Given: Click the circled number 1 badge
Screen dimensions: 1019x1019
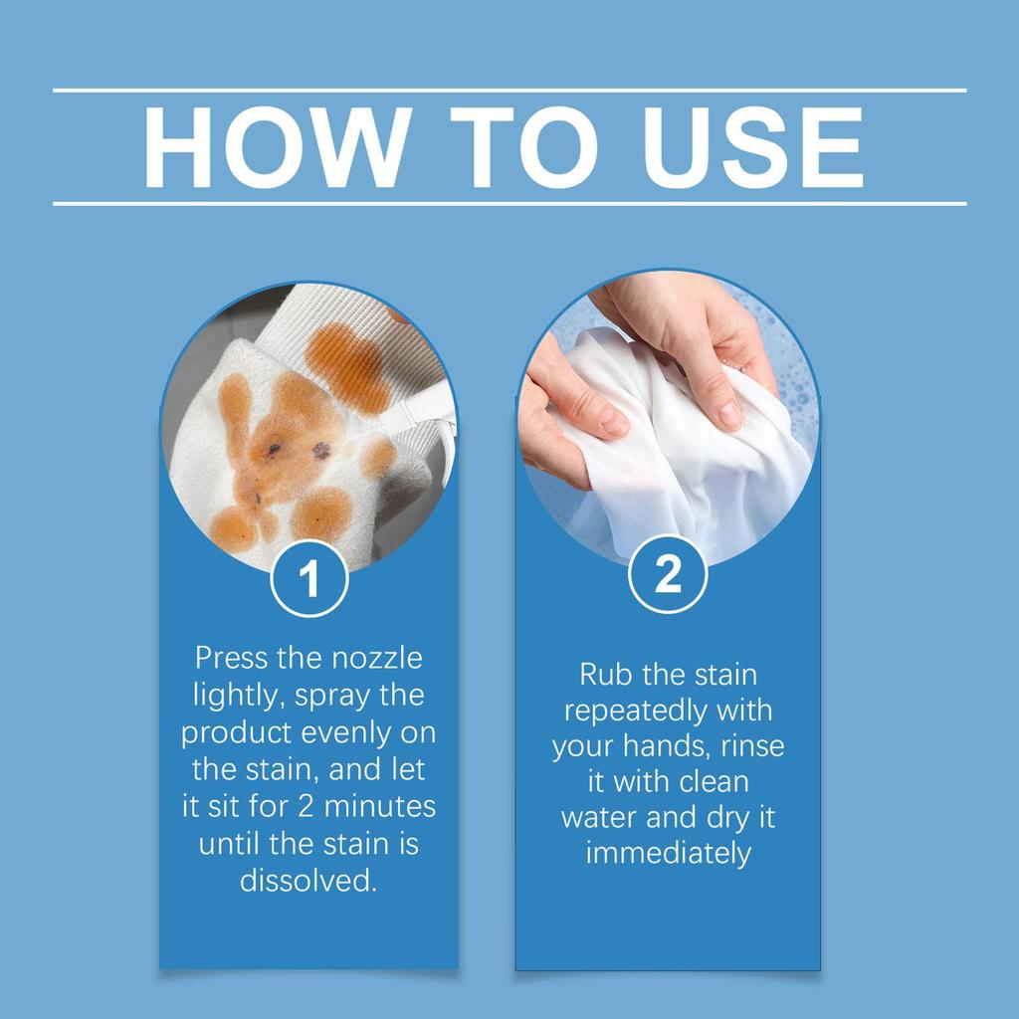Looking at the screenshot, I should coord(308,578).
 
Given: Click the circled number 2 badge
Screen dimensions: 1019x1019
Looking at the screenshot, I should coord(668,574).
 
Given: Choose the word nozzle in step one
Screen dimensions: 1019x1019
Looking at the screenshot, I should coord(370,659).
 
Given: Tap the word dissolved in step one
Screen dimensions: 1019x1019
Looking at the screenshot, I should coord(308,882).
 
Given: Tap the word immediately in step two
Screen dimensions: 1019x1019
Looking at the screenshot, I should coord(668,854).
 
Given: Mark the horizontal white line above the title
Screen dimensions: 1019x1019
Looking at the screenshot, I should coord(509,91).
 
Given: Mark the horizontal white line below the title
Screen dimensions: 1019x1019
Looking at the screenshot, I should coord(509,203).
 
